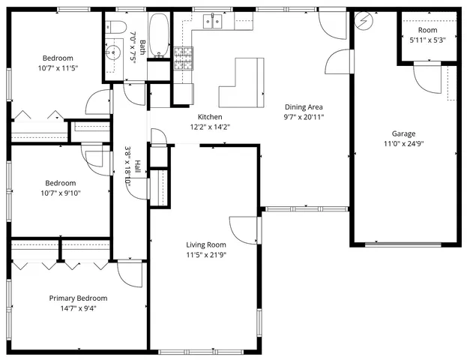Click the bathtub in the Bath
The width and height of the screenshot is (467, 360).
[158, 35]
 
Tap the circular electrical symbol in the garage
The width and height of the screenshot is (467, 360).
[364, 20]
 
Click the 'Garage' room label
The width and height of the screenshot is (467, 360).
[404, 133]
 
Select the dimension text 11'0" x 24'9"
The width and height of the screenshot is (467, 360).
[404, 143]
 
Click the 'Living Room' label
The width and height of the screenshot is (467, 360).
[206, 244]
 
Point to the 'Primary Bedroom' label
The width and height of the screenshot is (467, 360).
[78, 298]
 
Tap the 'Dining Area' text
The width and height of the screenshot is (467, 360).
[303, 106]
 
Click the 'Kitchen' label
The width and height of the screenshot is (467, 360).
[210, 117]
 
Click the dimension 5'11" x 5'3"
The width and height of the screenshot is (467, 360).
[427, 40]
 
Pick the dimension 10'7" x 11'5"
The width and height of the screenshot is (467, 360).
[57, 68]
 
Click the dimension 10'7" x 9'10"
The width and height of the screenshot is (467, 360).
[59, 193]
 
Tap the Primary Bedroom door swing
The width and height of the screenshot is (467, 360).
[130, 274]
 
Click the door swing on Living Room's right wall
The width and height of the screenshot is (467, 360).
[244, 229]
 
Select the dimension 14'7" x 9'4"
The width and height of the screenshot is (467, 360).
[78, 307]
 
